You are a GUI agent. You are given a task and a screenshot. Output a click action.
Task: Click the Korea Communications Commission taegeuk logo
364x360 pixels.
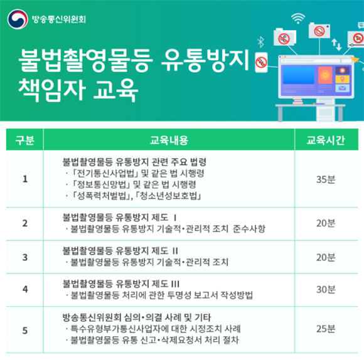click(x=18, y=19)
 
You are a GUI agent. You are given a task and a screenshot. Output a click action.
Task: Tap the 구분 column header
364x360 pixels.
click(x=25, y=140)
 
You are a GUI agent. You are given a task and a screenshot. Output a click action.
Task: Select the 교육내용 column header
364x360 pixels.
click(x=169, y=140)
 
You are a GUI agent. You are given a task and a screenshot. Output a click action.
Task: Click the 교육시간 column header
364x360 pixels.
click(x=326, y=140)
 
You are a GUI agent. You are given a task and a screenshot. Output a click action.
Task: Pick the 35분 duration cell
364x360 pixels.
click(x=326, y=179)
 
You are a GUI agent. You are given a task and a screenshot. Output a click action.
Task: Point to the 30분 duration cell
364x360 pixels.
click(x=326, y=289)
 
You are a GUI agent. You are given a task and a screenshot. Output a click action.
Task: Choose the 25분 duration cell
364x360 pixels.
click(x=326, y=329)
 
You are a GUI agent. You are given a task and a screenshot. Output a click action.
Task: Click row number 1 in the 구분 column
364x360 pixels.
click(x=25, y=179)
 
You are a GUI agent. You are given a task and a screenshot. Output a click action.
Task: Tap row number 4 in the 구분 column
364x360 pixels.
click(x=25, y=289)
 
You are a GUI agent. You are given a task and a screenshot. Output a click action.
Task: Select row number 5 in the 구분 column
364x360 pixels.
click(x=25, y=331)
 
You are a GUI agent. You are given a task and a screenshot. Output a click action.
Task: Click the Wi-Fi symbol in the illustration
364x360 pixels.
click(x=298, y=18)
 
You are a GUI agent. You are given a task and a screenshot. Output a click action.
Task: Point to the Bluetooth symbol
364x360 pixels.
click(x=260, y=42)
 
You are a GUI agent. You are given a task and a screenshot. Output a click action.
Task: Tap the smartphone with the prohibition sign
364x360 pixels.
click(x=261, y=62)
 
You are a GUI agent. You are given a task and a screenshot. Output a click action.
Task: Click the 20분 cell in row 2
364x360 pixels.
click(x=326, y=223)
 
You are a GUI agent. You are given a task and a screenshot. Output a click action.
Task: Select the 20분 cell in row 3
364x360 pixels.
click(x=326, y=257)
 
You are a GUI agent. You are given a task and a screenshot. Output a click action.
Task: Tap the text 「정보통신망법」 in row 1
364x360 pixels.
click(x=101, y=184)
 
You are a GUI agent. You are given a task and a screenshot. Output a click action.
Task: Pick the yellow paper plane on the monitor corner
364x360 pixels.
click(x=355, y=60)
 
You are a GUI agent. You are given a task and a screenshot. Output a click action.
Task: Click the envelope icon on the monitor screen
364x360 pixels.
click(x=342, y=88)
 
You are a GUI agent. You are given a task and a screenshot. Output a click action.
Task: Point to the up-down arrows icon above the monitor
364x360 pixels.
click(x=336, y=45)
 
